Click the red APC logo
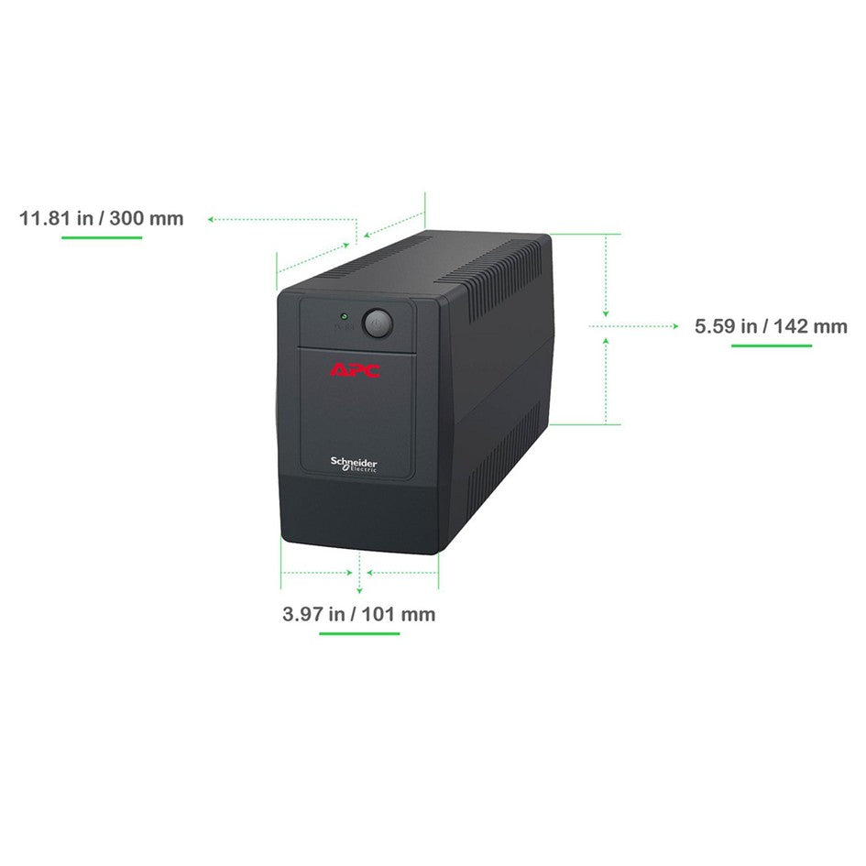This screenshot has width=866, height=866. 355,370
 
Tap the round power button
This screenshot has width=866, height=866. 378,323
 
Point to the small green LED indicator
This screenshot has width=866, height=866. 344,316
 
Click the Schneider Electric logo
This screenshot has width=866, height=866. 354,465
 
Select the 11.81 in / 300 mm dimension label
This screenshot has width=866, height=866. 101,218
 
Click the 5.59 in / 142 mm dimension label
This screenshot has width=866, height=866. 771,326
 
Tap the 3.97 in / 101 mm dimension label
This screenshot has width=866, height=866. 359,614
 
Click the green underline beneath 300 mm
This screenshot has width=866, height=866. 102,237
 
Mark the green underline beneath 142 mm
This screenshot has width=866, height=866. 772,345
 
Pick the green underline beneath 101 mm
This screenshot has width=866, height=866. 359,633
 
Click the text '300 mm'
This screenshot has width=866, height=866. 147,218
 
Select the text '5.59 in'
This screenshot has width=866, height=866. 726,326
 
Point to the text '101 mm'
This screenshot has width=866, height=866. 399,614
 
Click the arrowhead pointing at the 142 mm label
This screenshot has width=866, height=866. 675,326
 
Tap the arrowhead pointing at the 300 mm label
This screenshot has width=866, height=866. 211,219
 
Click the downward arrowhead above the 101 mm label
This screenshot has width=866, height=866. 359,591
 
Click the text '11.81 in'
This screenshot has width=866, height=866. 56,218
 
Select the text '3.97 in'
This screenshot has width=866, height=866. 313,614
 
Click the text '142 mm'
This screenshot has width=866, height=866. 810,326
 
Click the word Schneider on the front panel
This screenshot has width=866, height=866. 354,462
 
